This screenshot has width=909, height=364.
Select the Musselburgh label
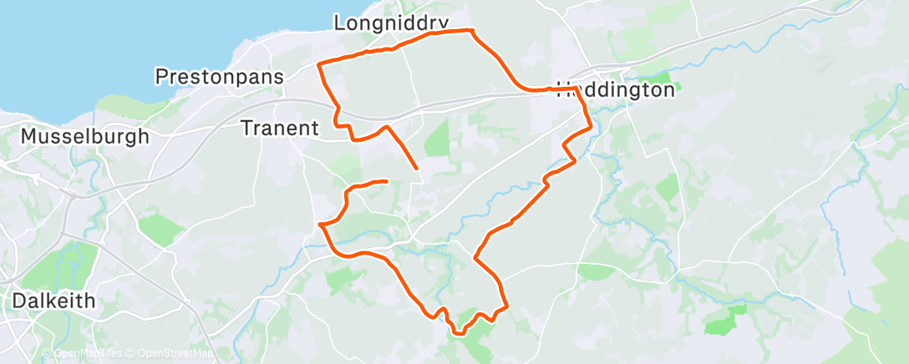point(85,135)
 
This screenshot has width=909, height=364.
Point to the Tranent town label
point(280,128)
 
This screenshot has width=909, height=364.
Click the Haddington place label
point(616,90)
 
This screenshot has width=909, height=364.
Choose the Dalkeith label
point(53,301)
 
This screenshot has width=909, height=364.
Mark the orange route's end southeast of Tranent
point(416,169)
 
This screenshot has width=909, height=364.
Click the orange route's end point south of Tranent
point(386,180)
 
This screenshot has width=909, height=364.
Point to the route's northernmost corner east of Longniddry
point(472,31)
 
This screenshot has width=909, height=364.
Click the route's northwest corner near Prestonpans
point(319,63)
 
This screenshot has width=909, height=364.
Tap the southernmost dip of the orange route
point(458,333)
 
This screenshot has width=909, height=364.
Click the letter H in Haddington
point(564,90)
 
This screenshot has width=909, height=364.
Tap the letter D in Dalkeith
point(19,301)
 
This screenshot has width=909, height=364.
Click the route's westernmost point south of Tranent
point(320,224)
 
